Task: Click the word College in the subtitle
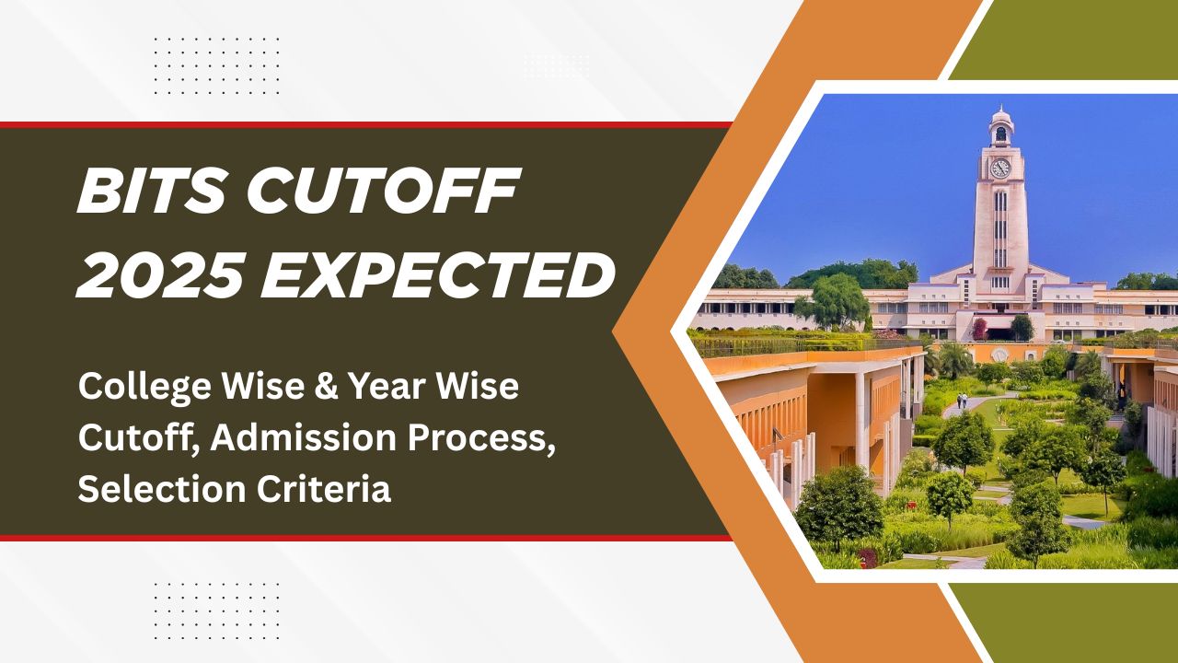tap(137, 388)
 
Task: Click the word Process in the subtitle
tap(489, 438)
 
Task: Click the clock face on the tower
tap(999, 169)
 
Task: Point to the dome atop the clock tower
tap(1000, 117)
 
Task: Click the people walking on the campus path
tap(963, 401)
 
